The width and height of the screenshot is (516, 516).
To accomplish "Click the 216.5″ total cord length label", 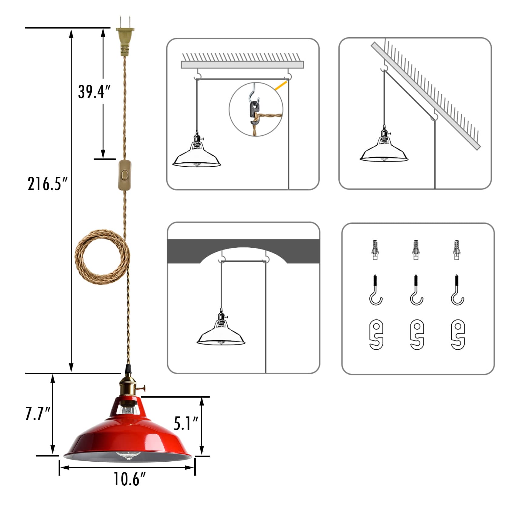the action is [47, 184].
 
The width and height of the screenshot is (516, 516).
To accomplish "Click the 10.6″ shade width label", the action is [130, 479].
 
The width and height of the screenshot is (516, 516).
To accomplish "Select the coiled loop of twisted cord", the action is [102, 256].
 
